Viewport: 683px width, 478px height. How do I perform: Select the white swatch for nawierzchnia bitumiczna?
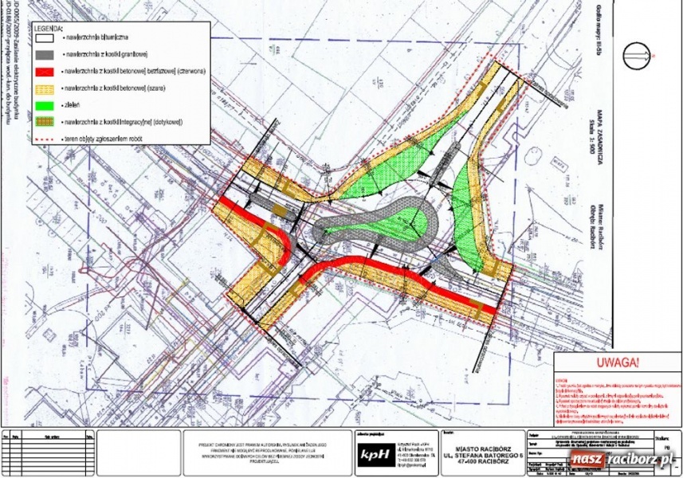tap(47, 37)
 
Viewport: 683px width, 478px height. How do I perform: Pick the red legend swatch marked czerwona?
tap(47, 72)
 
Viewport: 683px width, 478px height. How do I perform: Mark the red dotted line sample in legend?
tap(47, 137)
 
